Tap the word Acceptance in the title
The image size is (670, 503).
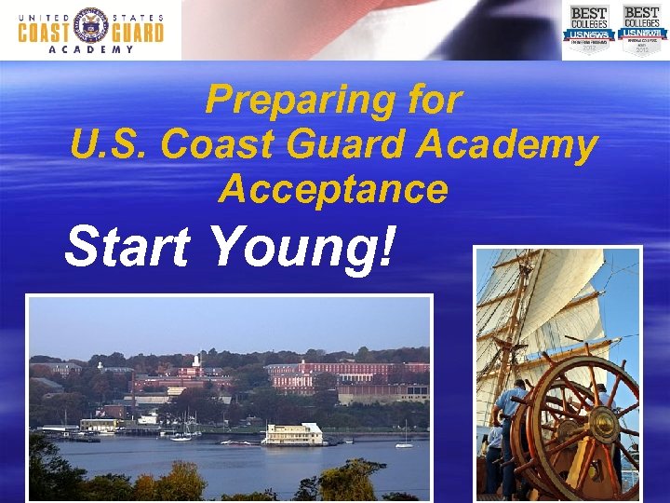(333, 189)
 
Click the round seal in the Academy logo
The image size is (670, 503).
(90, 28)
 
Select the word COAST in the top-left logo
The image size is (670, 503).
(45, 32)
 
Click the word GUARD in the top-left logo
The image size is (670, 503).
(136, 32)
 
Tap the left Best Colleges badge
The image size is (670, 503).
(588, 28)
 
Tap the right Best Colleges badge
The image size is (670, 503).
(641, 28)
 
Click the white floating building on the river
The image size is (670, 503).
(292, 433)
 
